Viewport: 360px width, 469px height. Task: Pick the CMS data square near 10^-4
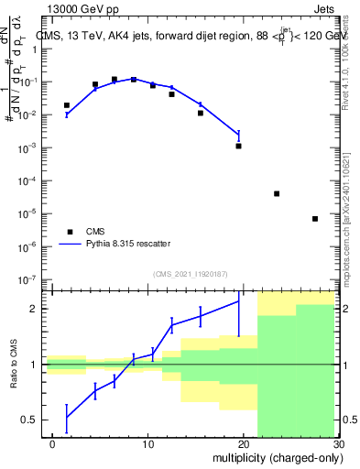[x=277, y=194]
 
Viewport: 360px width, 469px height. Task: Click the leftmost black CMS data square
[x=66, y=105]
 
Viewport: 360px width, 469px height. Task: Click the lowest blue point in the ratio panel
[x=66, y=418]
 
